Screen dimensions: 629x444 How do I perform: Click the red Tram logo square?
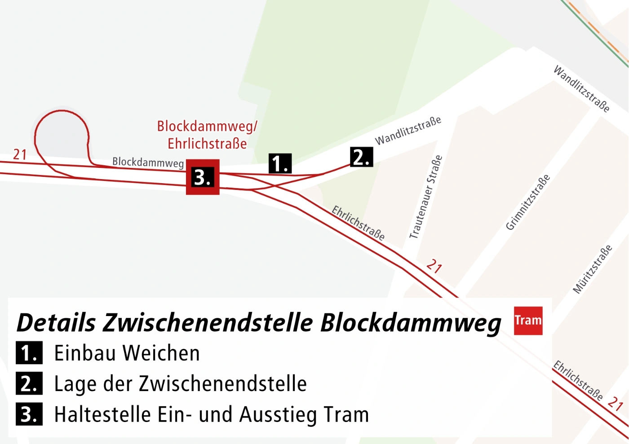(x=528, y=321)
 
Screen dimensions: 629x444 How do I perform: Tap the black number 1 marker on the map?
(x=280, y=163)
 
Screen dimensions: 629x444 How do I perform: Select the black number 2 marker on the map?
(x=361, y=157)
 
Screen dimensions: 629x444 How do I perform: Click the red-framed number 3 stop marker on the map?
(x=203, y=177)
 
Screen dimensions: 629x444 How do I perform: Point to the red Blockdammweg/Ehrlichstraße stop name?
(x=207, y=135)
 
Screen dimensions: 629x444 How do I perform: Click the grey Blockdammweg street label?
(x=148, y=162)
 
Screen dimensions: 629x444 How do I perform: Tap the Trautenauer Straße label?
(x=425, y=197)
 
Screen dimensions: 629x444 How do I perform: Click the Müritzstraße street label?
(x=592, y=269)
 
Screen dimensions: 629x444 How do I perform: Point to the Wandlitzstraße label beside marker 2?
(x=408, y=131)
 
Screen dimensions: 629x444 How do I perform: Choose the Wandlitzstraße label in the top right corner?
(x=581, y=89)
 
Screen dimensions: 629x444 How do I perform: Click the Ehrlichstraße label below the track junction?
(x=358, y=223)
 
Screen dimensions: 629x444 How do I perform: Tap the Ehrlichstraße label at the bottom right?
(x=577, y=380)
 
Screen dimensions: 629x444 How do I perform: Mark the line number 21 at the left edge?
(x=20, y=154)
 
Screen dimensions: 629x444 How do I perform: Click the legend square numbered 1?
(x=29, y=353)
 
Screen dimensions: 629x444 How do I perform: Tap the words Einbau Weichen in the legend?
(x=127, y=353)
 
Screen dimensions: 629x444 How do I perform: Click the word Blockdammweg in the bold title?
(x=411, y=323)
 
